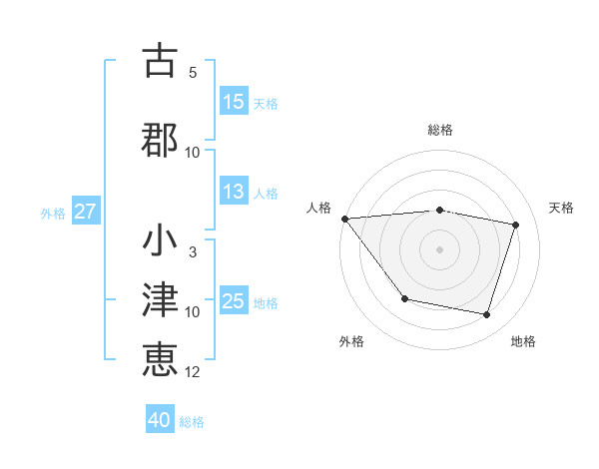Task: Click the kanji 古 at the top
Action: pos(161,61)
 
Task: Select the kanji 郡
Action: pos(161,138)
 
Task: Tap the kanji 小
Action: pos(161,241)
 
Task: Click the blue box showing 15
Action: pos(234,102)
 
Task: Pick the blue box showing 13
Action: pos(234,193)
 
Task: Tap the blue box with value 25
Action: pos(234,301)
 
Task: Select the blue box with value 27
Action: pos(85,212)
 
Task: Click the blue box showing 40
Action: pos(160,420)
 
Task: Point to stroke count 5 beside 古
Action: pos(193,73)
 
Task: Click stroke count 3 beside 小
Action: pos(193,252)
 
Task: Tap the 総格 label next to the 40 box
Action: pos(192,422)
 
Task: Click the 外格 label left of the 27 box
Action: pos(53,213)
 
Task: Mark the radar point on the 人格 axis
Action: pos(344,219)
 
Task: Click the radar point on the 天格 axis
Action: pos(516,226)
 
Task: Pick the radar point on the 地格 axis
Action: pos(487,315)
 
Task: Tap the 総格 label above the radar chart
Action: pos(440,130)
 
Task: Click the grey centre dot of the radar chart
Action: pos(440,248)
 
